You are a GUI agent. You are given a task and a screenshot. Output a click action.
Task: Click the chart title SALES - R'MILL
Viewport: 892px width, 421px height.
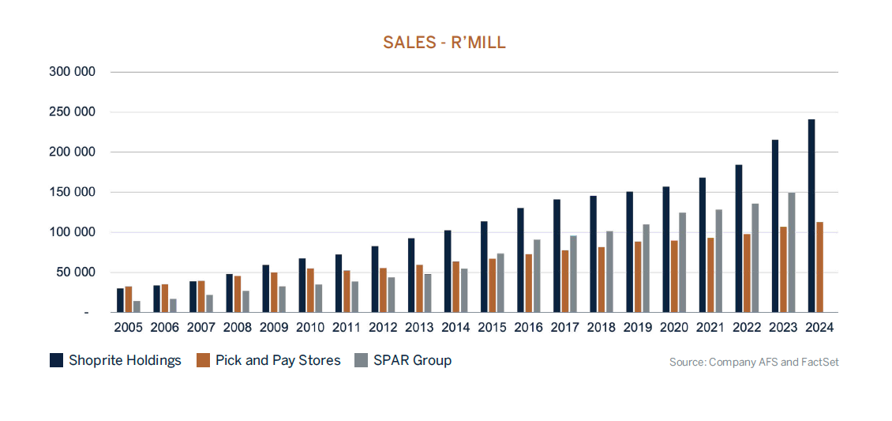[444, 43]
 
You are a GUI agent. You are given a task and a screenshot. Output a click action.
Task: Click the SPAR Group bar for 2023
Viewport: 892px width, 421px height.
[792, 252]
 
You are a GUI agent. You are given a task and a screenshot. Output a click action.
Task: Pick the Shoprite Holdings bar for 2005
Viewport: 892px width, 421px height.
[120, 300]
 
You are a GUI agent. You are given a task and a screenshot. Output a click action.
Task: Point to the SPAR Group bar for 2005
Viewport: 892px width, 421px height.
[137, 306]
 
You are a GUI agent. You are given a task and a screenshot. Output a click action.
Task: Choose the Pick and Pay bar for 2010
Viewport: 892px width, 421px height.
[311, 290]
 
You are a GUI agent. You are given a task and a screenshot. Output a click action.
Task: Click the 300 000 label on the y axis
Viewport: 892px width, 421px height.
[73, 72]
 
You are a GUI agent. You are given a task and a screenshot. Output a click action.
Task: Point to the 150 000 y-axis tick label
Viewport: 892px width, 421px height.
[73, 192]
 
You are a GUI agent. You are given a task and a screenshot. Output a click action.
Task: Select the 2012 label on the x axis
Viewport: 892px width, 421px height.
[384, 327]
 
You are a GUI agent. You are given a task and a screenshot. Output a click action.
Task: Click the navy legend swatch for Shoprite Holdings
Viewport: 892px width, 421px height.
[56, 360]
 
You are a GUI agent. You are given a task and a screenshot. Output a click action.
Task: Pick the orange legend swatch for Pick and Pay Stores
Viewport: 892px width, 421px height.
[203, 360]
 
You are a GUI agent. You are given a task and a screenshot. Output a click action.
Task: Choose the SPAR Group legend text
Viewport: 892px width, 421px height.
[412, 360]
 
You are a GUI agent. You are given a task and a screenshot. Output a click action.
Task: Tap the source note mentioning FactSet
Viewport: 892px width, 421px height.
[754, 362]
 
